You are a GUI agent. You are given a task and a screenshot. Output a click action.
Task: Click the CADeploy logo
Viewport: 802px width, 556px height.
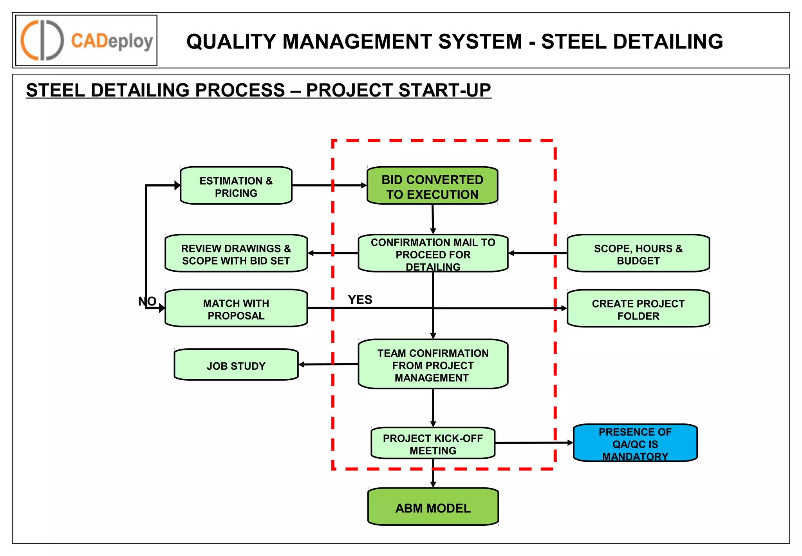(86, 40)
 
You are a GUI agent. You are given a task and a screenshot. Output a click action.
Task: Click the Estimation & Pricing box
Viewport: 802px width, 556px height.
(236, 185)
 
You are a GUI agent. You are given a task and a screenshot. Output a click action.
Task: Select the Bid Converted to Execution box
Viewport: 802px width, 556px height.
(432, 185)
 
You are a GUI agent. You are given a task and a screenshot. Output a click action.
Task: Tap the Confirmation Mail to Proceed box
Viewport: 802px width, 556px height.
(433, 253)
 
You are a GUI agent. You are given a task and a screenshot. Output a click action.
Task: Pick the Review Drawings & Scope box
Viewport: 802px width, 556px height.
(236, 254)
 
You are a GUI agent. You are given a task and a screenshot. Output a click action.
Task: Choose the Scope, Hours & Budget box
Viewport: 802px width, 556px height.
(638, 254)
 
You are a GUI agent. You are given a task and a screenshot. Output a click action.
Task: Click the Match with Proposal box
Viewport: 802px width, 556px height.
(236, 309)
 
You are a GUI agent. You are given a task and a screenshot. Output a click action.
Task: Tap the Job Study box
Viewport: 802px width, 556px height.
(236, 365)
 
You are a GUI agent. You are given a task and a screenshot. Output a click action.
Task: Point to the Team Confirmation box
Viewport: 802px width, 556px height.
(433, 365)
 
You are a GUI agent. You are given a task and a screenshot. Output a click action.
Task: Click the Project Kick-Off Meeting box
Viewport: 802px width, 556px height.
(433, 443)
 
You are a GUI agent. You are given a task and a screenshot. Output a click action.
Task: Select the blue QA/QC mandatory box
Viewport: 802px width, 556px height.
(635, 443)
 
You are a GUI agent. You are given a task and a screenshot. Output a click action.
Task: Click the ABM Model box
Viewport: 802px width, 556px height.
(433, 507)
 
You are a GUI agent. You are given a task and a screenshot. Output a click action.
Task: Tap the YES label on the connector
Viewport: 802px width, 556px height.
(360, 300)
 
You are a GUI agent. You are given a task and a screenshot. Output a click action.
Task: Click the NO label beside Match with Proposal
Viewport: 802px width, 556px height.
(147, 301)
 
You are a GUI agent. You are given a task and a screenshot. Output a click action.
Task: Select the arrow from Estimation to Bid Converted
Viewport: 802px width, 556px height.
(329, 185)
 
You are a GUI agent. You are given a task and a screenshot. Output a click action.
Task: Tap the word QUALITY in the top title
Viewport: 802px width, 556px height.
(231, 42)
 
